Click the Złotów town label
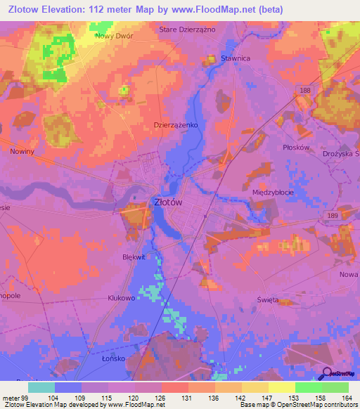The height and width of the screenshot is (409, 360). [x=168, y=202]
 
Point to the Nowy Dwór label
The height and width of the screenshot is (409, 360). [x=114, y=33]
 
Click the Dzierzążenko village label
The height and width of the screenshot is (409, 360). [x=176, y=124]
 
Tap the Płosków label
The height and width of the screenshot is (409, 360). [x=296, y=148]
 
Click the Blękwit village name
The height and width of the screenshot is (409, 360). [x=134, y=257]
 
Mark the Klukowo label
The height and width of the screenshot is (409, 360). [x=121, y=298]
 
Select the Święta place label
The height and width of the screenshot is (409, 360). [x=268, y=300]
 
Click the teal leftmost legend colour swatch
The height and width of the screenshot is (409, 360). [x=41, y=387]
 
